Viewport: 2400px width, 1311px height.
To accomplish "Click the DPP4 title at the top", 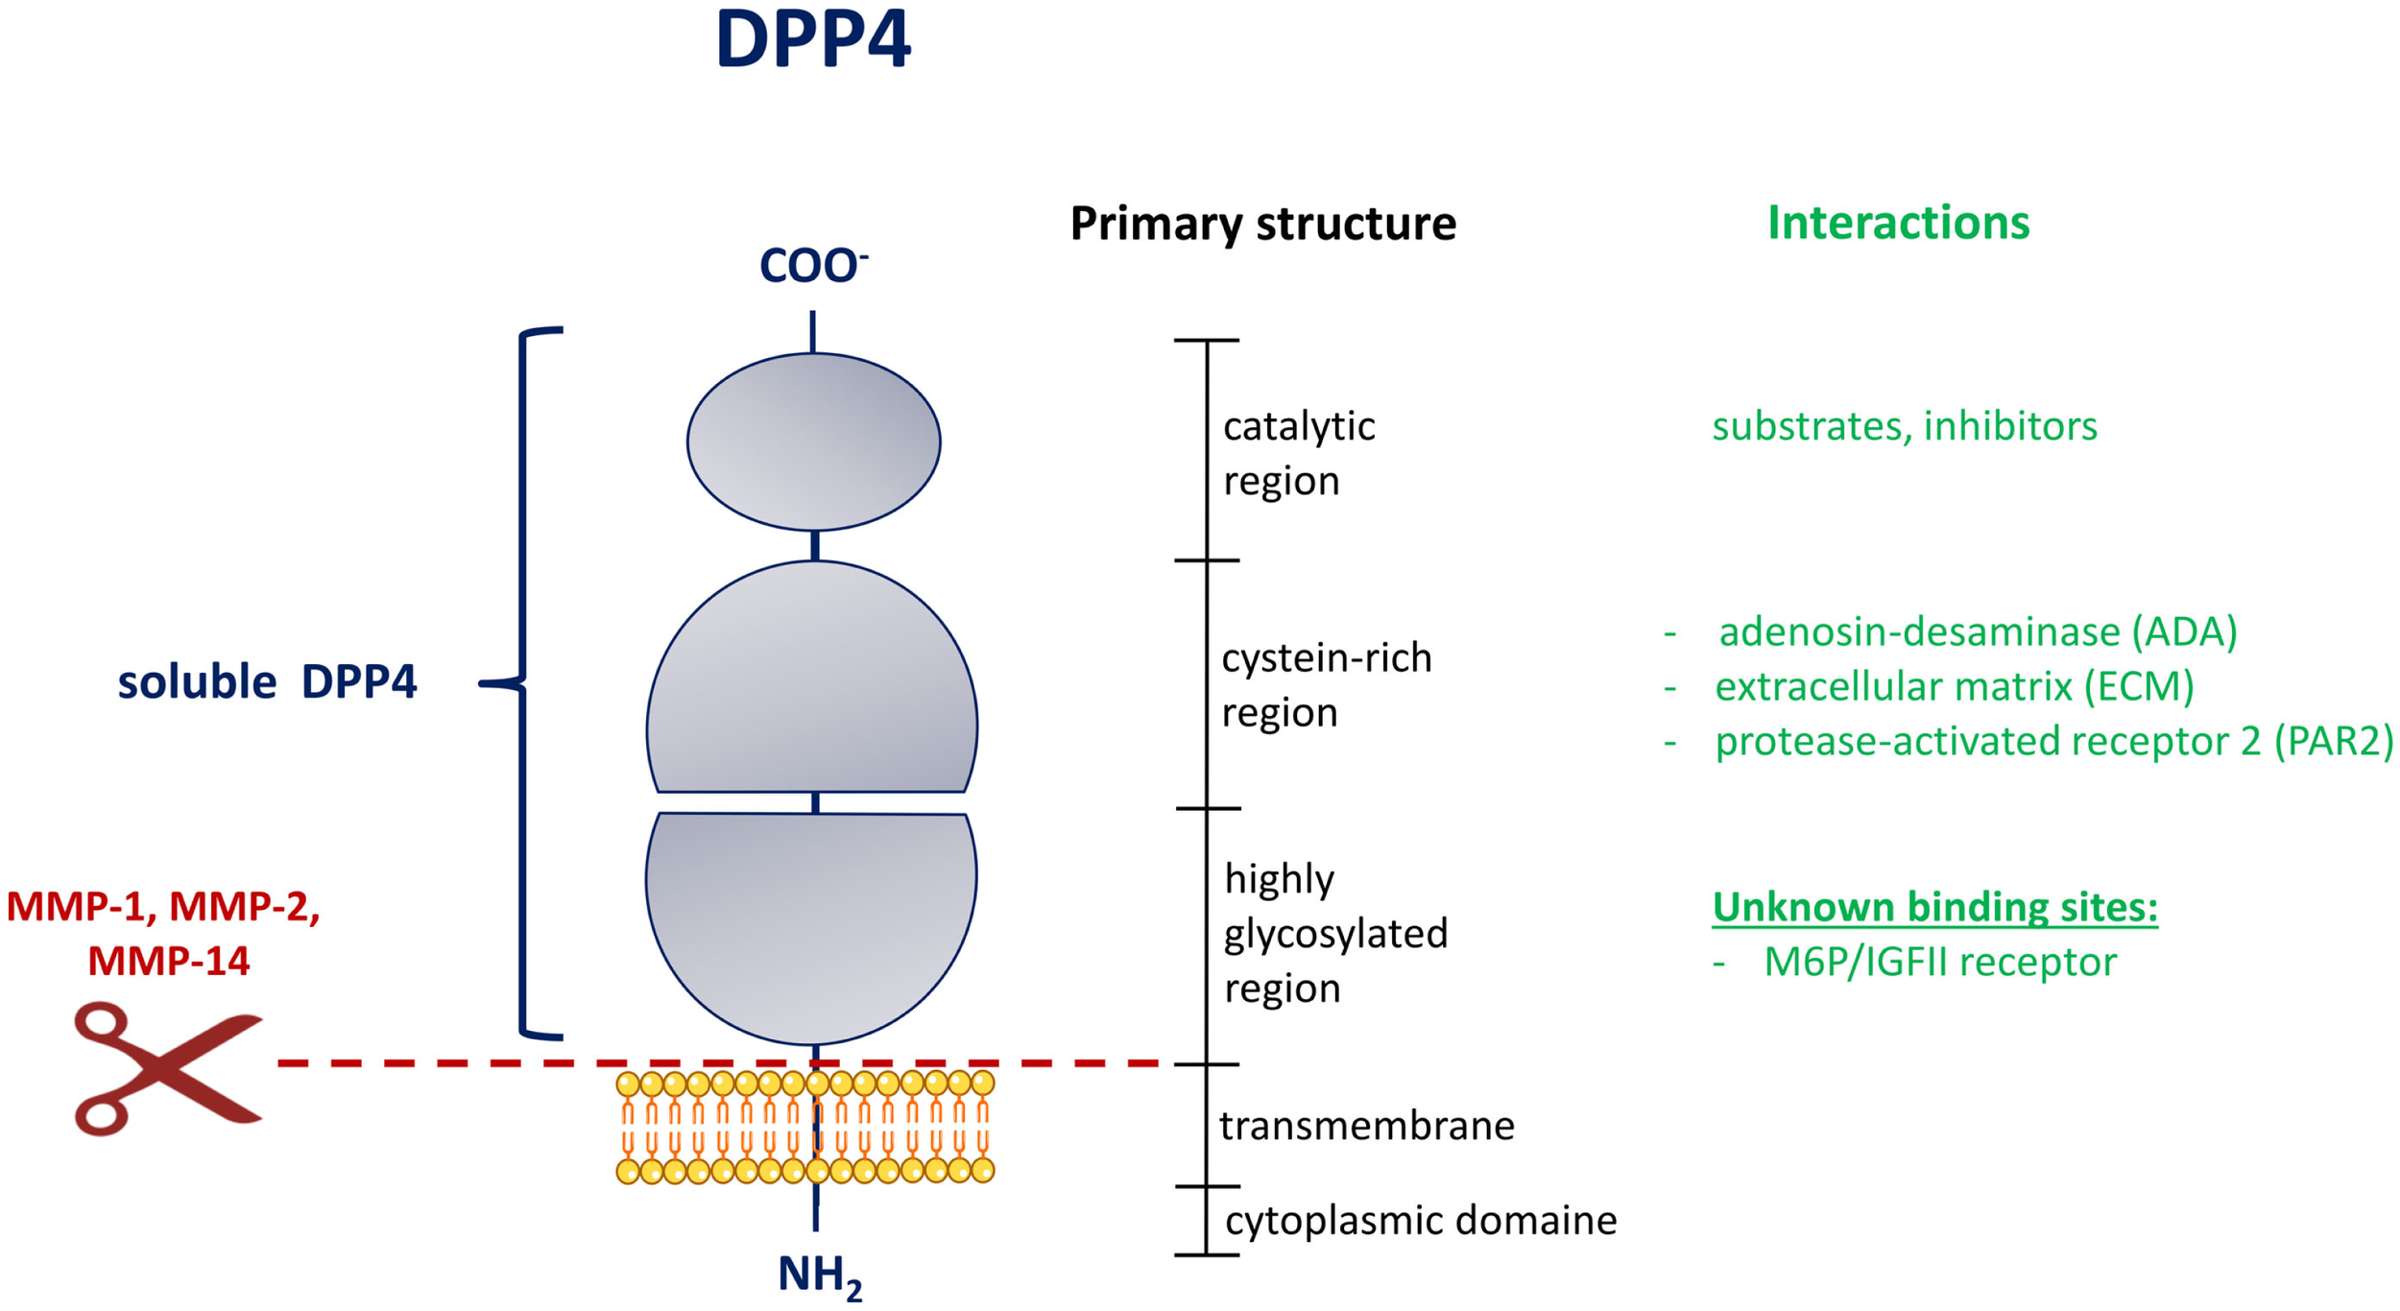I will click(812, 40).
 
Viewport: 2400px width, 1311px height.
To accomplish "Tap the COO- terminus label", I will click(812, 266).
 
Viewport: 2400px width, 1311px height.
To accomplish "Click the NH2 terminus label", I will click(819, 1275).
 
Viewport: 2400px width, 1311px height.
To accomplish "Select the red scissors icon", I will click(165, 1068).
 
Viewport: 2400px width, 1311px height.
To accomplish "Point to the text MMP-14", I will click(169, 962).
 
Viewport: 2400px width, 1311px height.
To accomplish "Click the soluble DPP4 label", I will click(267, 682).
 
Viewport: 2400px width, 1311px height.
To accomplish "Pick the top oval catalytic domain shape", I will click(813, 441).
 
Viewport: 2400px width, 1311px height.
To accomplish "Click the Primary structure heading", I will click(1262, 224).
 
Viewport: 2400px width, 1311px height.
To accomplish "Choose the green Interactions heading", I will click(1898, 223).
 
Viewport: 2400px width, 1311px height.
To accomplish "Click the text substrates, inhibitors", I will click(1905, 426).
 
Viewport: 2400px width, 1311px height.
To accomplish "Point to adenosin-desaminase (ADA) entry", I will click(1978, 632).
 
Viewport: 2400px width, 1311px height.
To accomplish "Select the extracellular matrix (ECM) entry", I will click(1955, 686).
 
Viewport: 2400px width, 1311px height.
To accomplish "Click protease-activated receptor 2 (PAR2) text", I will click(2054, 741).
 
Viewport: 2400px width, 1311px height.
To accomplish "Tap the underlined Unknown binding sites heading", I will click(1934, 906).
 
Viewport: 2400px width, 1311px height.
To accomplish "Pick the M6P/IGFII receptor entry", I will click(1939, 962).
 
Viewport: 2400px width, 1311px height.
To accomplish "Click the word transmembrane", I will click(1366, 1125).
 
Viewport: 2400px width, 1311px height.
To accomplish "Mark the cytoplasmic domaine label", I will click(1421, 1221).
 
